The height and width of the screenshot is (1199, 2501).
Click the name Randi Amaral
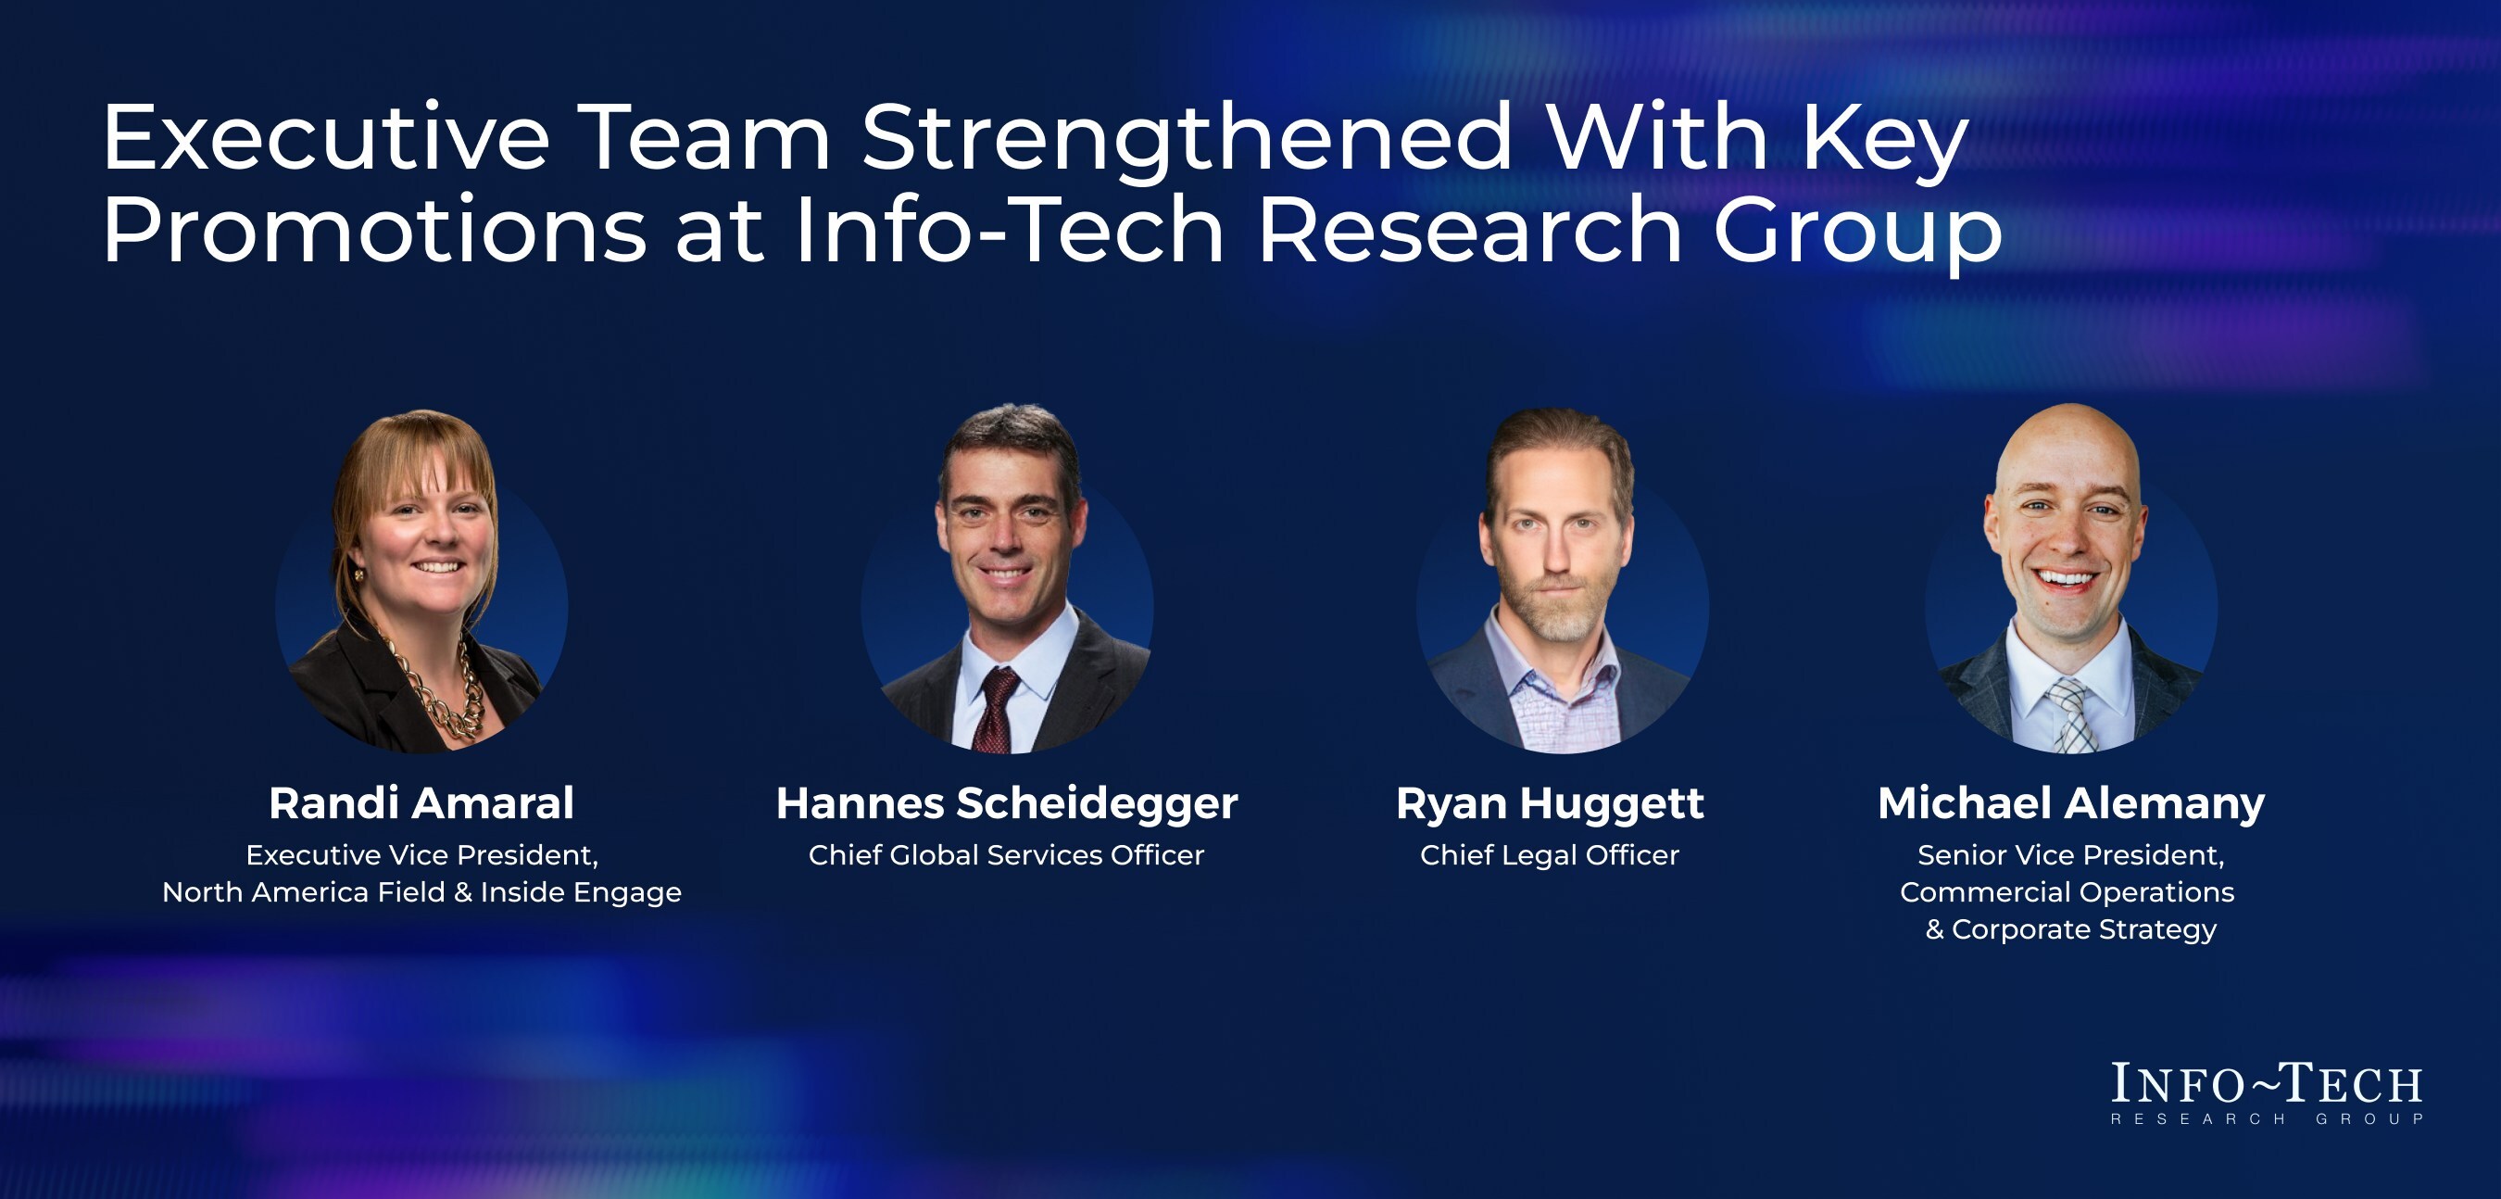(421, 803)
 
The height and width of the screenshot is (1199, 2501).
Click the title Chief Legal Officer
(1550, 855)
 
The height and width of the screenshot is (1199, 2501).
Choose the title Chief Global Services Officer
(1006, 855)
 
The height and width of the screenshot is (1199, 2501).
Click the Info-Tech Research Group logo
(2267, 1093)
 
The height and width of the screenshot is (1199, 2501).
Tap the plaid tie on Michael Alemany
(2072, 715)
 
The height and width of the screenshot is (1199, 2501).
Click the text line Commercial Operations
(2067, 892)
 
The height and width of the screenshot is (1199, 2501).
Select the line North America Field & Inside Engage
(421, 893)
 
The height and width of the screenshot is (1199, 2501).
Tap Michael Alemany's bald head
(2068, 442)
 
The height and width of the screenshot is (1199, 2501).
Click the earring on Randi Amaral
(358, 574)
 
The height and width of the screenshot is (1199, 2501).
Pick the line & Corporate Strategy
(2071, 930)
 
